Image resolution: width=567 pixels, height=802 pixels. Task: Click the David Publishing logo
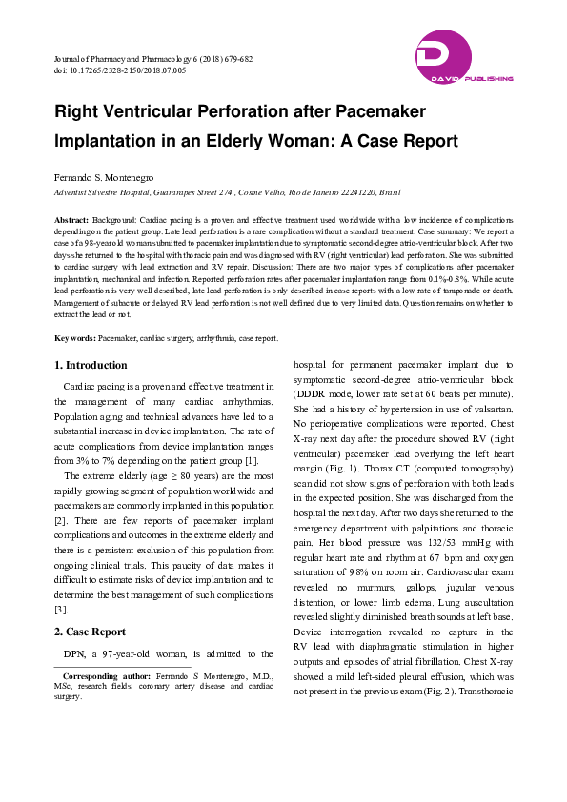[x=463, y=57]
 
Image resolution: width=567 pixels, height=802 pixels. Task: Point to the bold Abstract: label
[x=71, y=218]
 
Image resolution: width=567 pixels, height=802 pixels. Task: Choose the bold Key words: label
[x=74, y=338]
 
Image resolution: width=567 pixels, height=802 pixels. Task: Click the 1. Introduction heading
[x=91, y=365]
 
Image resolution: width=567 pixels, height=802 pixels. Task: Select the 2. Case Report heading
[x=90, y=631]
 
